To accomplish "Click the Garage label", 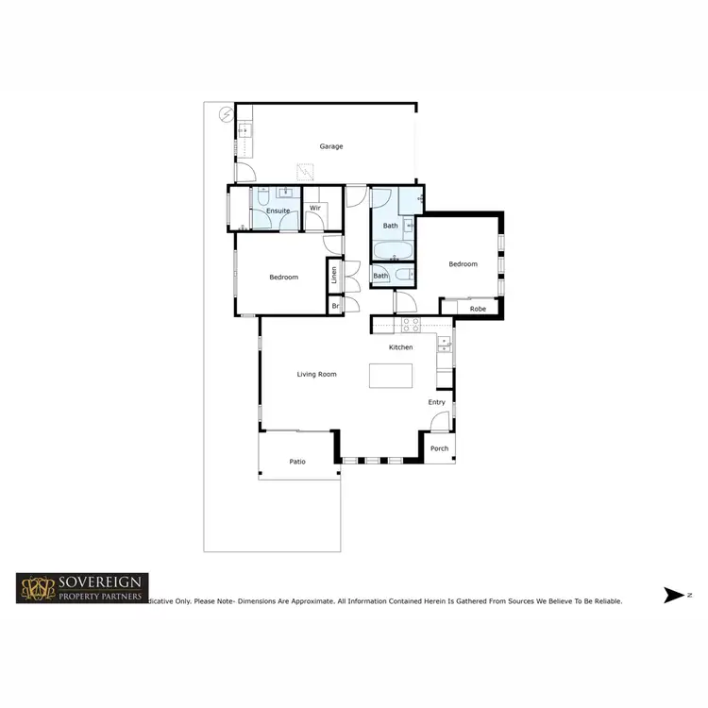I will click(x=330, y=146).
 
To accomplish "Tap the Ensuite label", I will click(x=278, y=211).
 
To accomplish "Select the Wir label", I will click(x=315, y=207).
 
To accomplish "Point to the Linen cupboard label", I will click(x=334, y=276).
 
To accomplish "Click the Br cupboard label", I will click(x=335, y=306).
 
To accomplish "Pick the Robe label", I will click(x=478, y=309).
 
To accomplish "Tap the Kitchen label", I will click(x=401, y=347).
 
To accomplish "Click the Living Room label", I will click(x=316, y=375).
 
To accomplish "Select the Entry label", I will click(x=436, y=402).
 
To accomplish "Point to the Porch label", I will click(x=439, y=448).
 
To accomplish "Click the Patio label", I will click(x=297, y=462).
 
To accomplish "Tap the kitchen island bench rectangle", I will click(x=392, y=375).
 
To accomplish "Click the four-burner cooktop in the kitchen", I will click(x=411, y=324).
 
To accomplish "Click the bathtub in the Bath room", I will click(x=392, y=251).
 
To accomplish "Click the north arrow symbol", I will click(x=674, y=595).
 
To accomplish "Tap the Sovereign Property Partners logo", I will click(x=81, y=588).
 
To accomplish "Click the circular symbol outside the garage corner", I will click(x=227, y=114).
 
